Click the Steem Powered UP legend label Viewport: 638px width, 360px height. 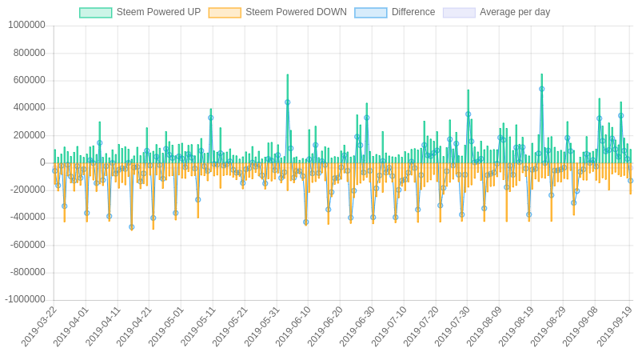(158, 12)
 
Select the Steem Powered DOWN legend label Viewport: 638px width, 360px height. (296, 12)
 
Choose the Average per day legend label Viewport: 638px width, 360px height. (515, 12)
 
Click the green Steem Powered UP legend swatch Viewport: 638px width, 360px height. (95, 13)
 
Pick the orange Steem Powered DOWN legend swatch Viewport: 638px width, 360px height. (225, 13)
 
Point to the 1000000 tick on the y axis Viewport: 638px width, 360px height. (26, 25)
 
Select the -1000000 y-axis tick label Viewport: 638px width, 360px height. (25, 299)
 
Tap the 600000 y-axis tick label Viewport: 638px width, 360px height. (29, 80)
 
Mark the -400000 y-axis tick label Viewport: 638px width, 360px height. (27, 217)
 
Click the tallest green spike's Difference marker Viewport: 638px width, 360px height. (541, 89)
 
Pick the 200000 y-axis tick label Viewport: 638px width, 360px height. (29, 134)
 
